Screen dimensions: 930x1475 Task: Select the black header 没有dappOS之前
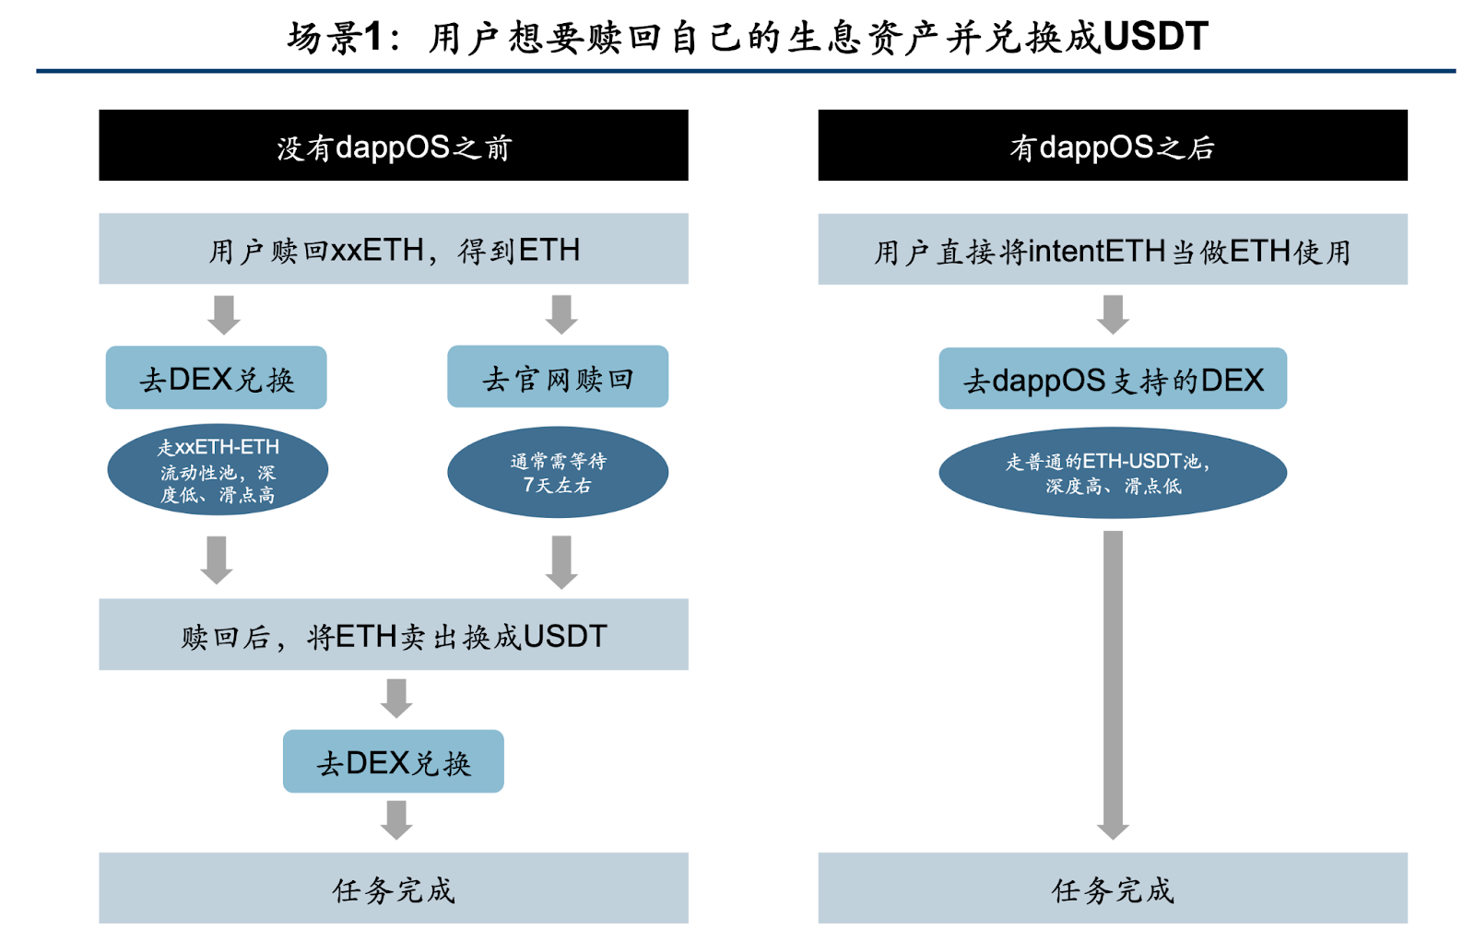(x=394, y=146)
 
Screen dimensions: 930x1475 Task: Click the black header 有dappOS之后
(x=1113, y=146)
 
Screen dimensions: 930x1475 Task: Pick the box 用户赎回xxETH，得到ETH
(x=394, y=249)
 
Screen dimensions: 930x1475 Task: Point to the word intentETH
(x=1096, y=251)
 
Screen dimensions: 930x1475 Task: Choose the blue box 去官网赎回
(x=558, y=377)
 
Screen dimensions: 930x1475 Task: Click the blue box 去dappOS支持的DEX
(x=1113, y=379)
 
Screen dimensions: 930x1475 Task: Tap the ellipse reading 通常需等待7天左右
(x=558, y=472)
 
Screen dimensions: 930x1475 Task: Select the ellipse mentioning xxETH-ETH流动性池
(x=218, y=470)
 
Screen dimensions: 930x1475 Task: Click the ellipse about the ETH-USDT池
(x=1113, y=473)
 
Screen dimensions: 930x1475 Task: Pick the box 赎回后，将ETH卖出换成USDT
(x=394, y=635)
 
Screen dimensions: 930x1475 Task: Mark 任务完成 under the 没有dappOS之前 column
(x=394, y=889)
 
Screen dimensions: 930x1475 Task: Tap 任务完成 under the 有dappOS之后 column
(x=1113, y=889)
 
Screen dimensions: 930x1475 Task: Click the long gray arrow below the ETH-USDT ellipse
(x=1113, y=682)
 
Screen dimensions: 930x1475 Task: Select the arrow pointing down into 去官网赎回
(x=561, y=314)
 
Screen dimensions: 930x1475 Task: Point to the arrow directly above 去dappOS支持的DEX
(x=1113, y=314)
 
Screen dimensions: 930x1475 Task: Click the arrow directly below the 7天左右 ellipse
(x=561, y=560)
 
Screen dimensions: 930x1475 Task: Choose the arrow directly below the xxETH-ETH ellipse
(x=217, y=559)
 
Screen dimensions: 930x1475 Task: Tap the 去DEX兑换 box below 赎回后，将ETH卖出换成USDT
(x=394, y=761)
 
